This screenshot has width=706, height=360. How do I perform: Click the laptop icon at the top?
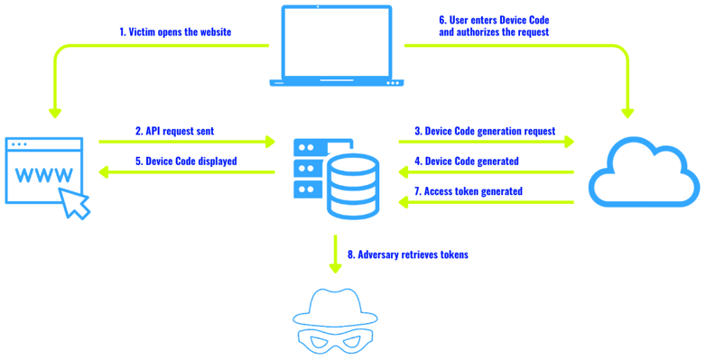pyautogui.click(x=337, y=46)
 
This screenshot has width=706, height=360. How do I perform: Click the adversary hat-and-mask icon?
pyautogui.click(x=335, y=319)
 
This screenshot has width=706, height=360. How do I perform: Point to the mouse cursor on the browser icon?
pyautogui.click(x=77, y=203)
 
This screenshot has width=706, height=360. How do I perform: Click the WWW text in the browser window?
pyautogui.click(x=45, y=174)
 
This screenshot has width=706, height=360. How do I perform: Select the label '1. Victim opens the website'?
pyautogui.click(x=175, y=32)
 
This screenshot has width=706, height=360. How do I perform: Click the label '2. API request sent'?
pyautogui.click(x=180, y=132)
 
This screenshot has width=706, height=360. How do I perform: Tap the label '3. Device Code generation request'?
pyautogui.click(x=485, y=132)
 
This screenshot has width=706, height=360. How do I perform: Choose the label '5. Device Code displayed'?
pyautogui.click(x=185, y=162)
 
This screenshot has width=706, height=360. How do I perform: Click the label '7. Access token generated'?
pyautogui.click(x=468, y=191)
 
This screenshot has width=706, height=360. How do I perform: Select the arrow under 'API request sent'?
pyautogui.click(x=186, y=142)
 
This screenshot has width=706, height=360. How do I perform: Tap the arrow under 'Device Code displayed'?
pyautogui.click(x=185, y=172)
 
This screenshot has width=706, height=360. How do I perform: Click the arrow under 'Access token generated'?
pyautogui.click(x=488, y=202)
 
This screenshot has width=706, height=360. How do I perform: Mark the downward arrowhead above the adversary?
pyautogui.click(x=335, y=267)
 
